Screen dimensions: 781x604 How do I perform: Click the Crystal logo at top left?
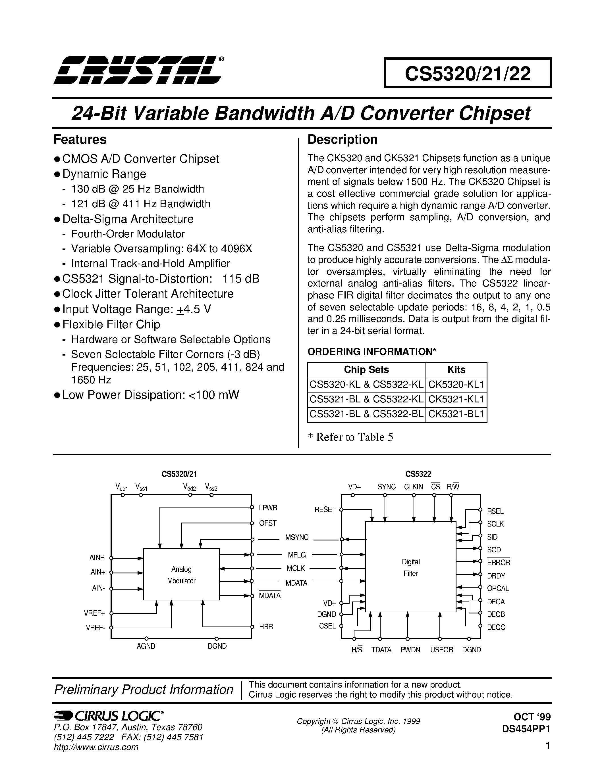[138, 70]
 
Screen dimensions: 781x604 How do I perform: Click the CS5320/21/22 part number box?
[467, 73]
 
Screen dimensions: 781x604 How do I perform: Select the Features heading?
[80, 139]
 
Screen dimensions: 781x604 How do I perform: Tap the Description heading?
[343, 139]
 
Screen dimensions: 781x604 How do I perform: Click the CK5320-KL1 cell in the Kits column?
[456, 385]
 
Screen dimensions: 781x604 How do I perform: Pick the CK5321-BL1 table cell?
[456, 414]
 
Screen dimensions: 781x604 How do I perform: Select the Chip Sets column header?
[366, 369]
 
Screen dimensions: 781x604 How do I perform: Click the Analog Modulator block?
[181, 575]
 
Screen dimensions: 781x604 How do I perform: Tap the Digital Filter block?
[410, 567]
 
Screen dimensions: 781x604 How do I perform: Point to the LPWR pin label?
[268, 508]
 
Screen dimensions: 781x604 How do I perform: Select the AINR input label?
[97, 557]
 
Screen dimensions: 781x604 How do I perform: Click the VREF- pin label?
[95, 627]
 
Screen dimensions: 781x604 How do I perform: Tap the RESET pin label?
[325, 509]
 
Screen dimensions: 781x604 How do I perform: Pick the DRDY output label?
[496, 576]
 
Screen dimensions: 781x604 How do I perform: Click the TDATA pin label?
[381, 650]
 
